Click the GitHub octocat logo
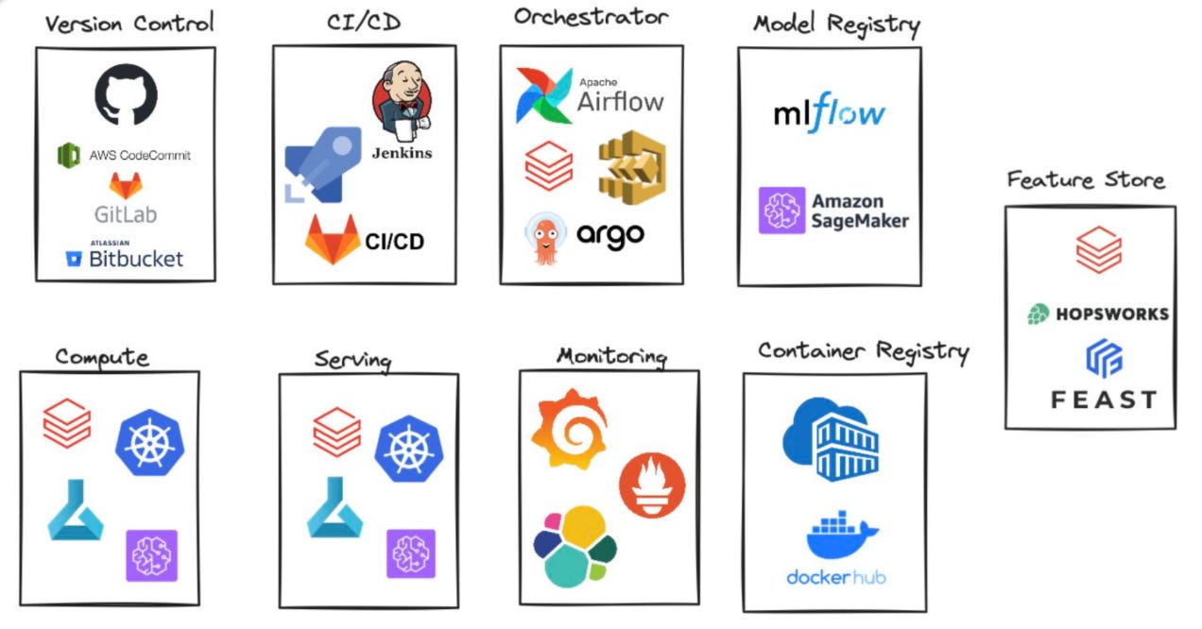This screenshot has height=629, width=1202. [x=126, y=94]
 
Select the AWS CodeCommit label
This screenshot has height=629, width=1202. [x=140, y=155]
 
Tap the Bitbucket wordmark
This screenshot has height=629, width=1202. [x=135, y=258]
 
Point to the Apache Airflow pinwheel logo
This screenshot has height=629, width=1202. [x=543, y=95]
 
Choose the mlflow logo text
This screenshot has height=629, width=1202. [x=829, y=114]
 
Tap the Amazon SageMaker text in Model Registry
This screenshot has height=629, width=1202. [x=859, y=211]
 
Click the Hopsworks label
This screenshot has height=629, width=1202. [x=1109, y=314]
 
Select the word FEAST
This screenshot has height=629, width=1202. [x=1103, y=399]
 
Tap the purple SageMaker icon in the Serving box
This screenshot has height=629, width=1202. [x=411, y=553]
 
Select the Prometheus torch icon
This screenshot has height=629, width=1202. [x=652, y=484]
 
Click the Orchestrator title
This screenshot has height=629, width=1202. [x=591, y=18]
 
